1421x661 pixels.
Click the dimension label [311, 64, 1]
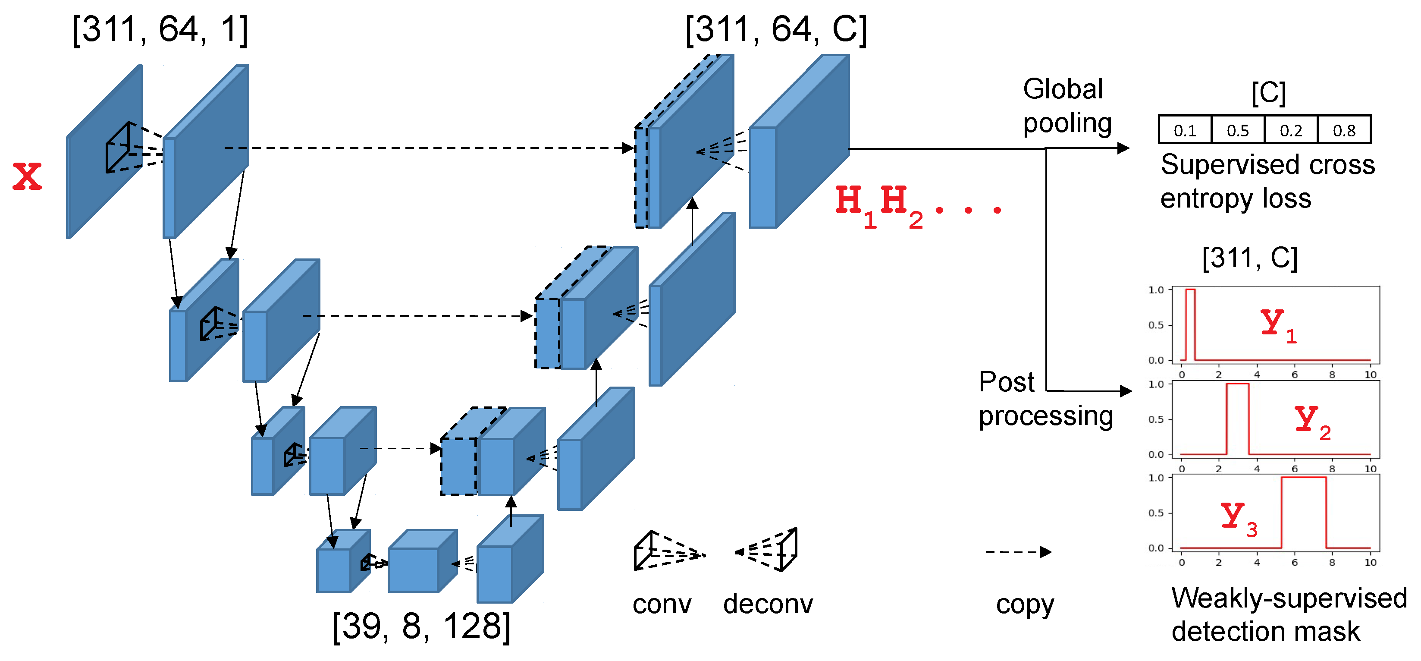click(x=160, y=30)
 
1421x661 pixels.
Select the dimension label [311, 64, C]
click(x=775, y=30)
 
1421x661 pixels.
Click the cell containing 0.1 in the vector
click(x=1185, y=130)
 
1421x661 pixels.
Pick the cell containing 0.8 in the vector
click(x=1344, y=130)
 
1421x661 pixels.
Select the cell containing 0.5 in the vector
click(x=1238, y=130)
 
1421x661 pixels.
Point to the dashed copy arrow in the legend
click(x=1018, y=552)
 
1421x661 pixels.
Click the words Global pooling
click(x=1067, y=106)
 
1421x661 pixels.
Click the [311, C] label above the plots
click(x=1250, y=258)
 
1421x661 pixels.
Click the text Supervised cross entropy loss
click(x=1267, y=181)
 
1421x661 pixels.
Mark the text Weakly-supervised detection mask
click(x=1289, y=614)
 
